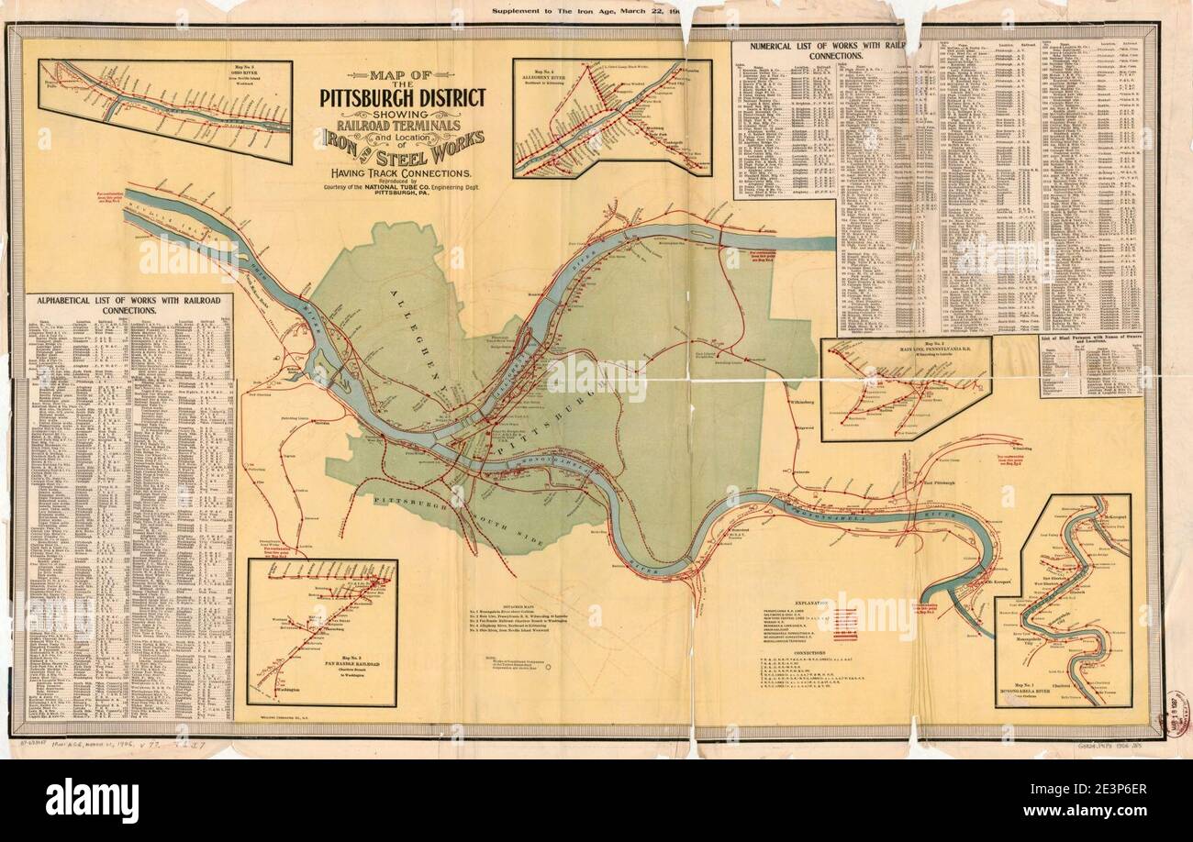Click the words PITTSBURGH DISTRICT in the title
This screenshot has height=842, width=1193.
[x=403, y=97]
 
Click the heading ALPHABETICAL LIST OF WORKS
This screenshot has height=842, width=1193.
[x=128, y=305]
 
